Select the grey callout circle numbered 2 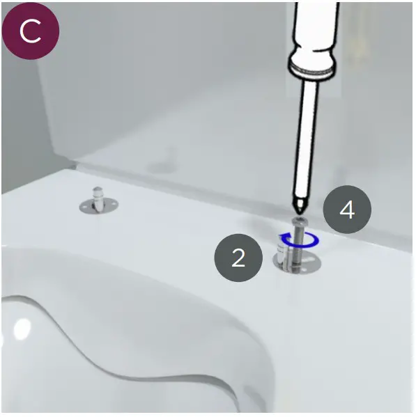coord(238,258)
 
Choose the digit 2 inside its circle coord(238,258)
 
